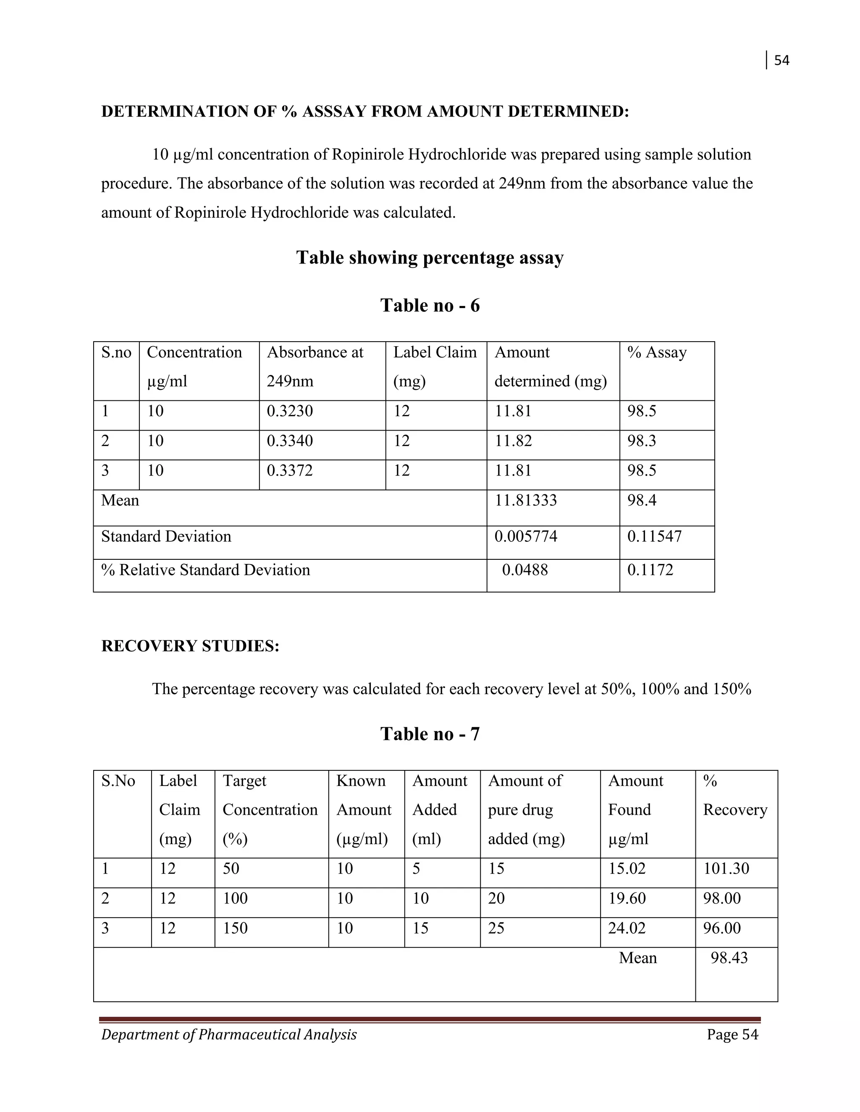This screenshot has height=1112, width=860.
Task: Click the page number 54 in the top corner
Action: (x=781, y=60)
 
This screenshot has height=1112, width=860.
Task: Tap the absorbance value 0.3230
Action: (x=289, y=411)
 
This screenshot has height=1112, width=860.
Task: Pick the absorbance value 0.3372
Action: (x=289, y=470)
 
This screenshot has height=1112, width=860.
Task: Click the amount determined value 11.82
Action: (x=513, y=441)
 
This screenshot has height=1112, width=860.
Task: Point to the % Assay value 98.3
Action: (x=642, y=441)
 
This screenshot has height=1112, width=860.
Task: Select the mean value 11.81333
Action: (x=526, y=501)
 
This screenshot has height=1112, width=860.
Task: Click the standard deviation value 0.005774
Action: (x=526, y=537)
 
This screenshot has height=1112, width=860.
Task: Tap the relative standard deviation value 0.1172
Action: (x=650, y=570)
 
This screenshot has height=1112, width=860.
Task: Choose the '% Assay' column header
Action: (x=657, y=352)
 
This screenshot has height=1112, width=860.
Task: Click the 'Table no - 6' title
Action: (x=430, y=305)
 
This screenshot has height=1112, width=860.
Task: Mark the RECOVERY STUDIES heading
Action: (x=190, y=646)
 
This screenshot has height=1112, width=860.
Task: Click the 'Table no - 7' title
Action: (x=430, y=734)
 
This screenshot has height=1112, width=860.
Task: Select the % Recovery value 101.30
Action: (x=726, y=868)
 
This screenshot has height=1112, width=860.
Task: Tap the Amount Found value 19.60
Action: (x=627, y=898)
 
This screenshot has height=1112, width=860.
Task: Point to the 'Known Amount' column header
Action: (x=363, y=809)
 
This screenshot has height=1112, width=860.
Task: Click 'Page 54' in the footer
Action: (x=732, y=1035)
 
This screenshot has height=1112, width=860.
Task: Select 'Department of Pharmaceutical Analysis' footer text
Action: (x=229, y=1035)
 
